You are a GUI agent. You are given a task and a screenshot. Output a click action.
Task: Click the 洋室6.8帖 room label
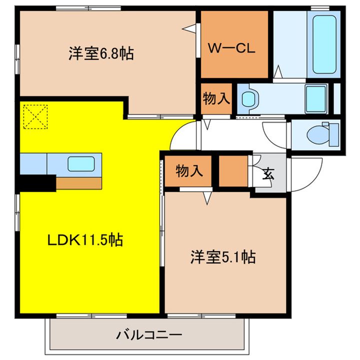pos(100,54)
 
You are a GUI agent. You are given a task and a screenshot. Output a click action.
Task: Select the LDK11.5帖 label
pos(85,240)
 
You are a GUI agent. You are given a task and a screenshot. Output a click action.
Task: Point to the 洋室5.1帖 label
pos(222,257)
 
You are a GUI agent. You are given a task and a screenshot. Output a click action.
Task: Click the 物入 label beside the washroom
pos(216,98)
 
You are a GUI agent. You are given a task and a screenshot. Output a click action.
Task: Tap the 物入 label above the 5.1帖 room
pos(189,171)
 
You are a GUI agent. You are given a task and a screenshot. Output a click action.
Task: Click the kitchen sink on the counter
pos(80,164)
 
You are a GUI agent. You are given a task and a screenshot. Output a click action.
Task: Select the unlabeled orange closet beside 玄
pos(233,170)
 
